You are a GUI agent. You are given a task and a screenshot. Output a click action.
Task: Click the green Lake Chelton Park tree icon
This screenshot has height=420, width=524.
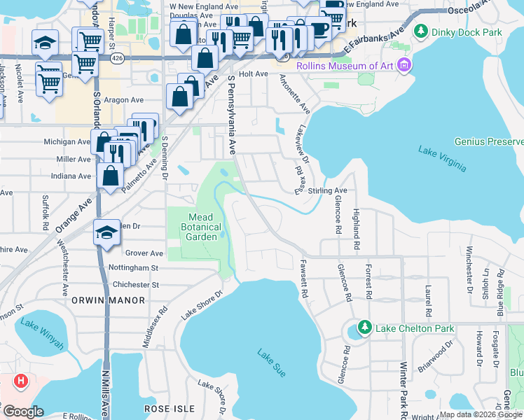pyautogui.click(x=364, y=328)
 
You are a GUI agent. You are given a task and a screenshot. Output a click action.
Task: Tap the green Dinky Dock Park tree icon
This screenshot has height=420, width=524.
pyautogui.click(x=421, y=31)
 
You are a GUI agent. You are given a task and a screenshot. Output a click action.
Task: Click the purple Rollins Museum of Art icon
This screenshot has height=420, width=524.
pyautogui.click(x=404, y=66)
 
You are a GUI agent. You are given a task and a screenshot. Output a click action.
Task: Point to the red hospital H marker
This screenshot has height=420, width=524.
pyautogui.click(x=22, y=381)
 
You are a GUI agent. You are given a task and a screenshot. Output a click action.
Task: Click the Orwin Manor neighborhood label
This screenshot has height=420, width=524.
pyautogui.click(x=108, y=300)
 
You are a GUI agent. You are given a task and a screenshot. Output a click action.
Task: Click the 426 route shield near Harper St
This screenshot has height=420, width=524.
pyautogui.click(x=118, y=60)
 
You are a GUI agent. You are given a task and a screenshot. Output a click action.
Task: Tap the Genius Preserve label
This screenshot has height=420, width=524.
pyautogui.click(x=488, y=141)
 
